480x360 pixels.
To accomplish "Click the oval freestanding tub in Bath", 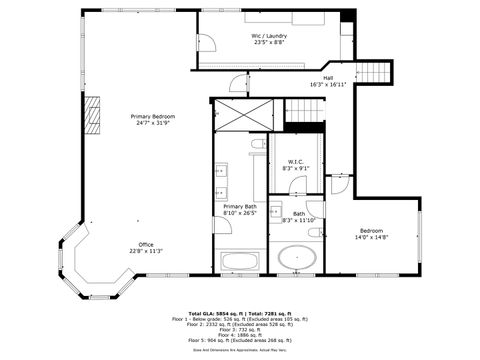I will [299, 258].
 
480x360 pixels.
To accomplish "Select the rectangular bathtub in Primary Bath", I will [240, 262].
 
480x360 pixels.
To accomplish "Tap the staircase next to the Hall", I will [373, 73].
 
